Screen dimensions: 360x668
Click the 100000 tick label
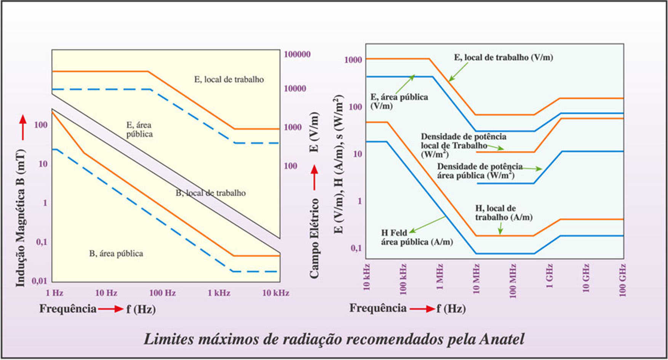pos(297,54)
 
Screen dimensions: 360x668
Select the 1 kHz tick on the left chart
pos(219,293)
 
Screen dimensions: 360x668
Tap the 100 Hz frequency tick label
pos(162,293)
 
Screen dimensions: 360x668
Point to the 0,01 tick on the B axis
pos(39,281)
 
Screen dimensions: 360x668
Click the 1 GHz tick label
pos(550,275)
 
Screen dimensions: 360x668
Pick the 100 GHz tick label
pos(623,280)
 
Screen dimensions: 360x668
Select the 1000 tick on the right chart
pos(353,60)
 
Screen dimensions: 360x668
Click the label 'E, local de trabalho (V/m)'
pos(503,58)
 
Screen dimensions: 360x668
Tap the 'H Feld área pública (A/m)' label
pos(417,237)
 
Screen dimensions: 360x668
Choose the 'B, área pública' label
pos(116,254)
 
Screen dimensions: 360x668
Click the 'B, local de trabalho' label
pos(211,193)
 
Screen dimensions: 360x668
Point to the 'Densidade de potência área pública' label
pos(479,171)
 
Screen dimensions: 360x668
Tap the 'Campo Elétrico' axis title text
pos(314,238)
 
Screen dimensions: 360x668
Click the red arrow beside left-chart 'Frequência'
pos(111,309)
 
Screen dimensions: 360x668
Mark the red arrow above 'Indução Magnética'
pos(23,127)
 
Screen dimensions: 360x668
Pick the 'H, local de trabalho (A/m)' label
pos(503,213)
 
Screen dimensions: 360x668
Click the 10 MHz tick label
pos(476,279)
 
